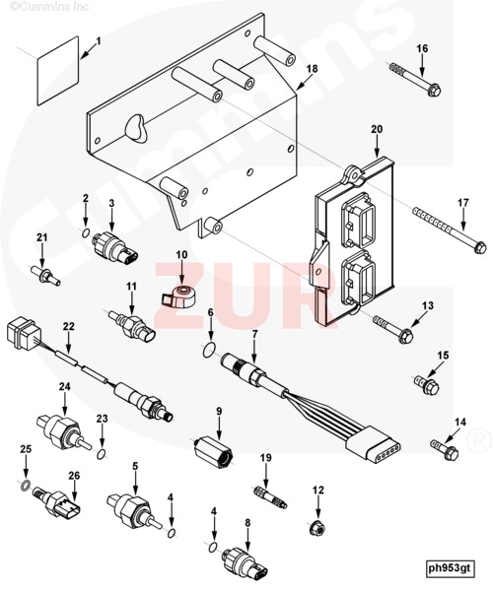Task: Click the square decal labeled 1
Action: click(58, 71)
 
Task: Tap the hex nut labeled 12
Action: click(317, 528)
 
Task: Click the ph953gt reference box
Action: click(449, 567)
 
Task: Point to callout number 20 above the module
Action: click(377, 129)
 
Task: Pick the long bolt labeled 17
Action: click(449, 230)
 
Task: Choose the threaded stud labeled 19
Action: click(269, 496)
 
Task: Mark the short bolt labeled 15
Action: click(427, 385)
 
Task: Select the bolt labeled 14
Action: click(445, 449)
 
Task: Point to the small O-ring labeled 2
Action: click(86, 232)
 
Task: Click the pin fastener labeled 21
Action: click(45, 276)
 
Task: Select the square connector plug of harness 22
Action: click(24, 332)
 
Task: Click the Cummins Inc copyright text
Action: click(49, 7)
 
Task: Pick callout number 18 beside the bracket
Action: click(312, 69)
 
